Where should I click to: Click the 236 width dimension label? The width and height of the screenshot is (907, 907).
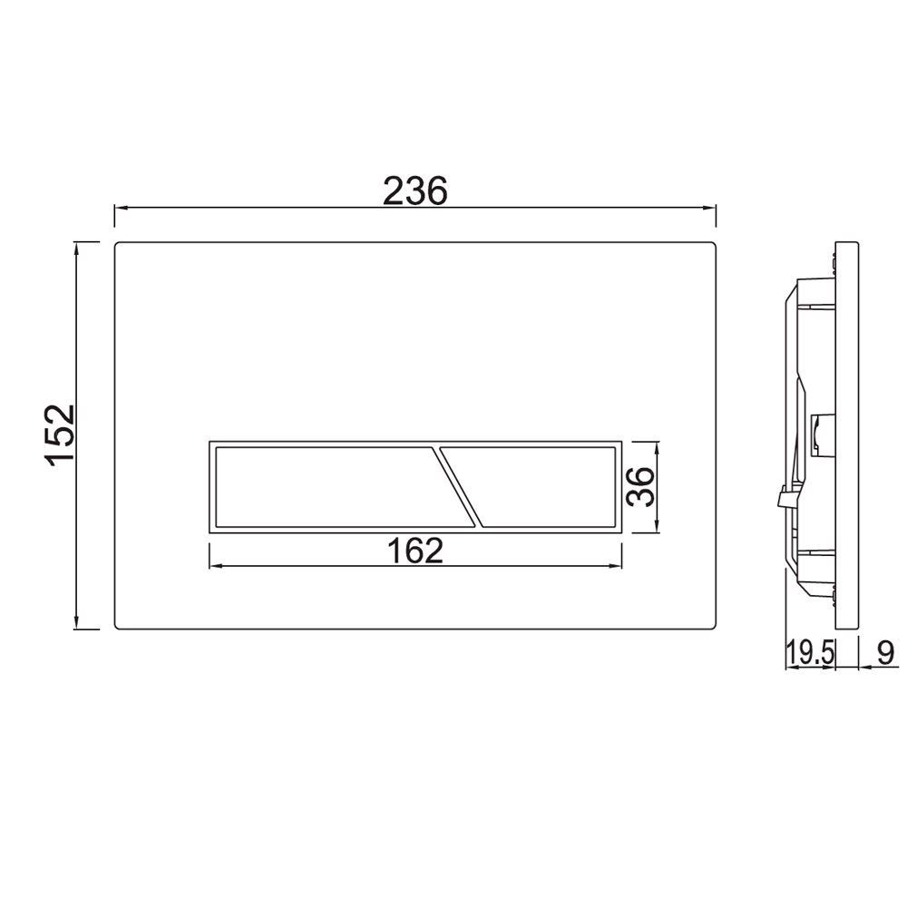pos(414,190)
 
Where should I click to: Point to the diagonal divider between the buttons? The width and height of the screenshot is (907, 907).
pos(459,486)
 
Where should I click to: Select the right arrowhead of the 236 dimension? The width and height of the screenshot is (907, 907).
pos(711,208)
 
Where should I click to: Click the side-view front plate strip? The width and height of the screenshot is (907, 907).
pos(846,435)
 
